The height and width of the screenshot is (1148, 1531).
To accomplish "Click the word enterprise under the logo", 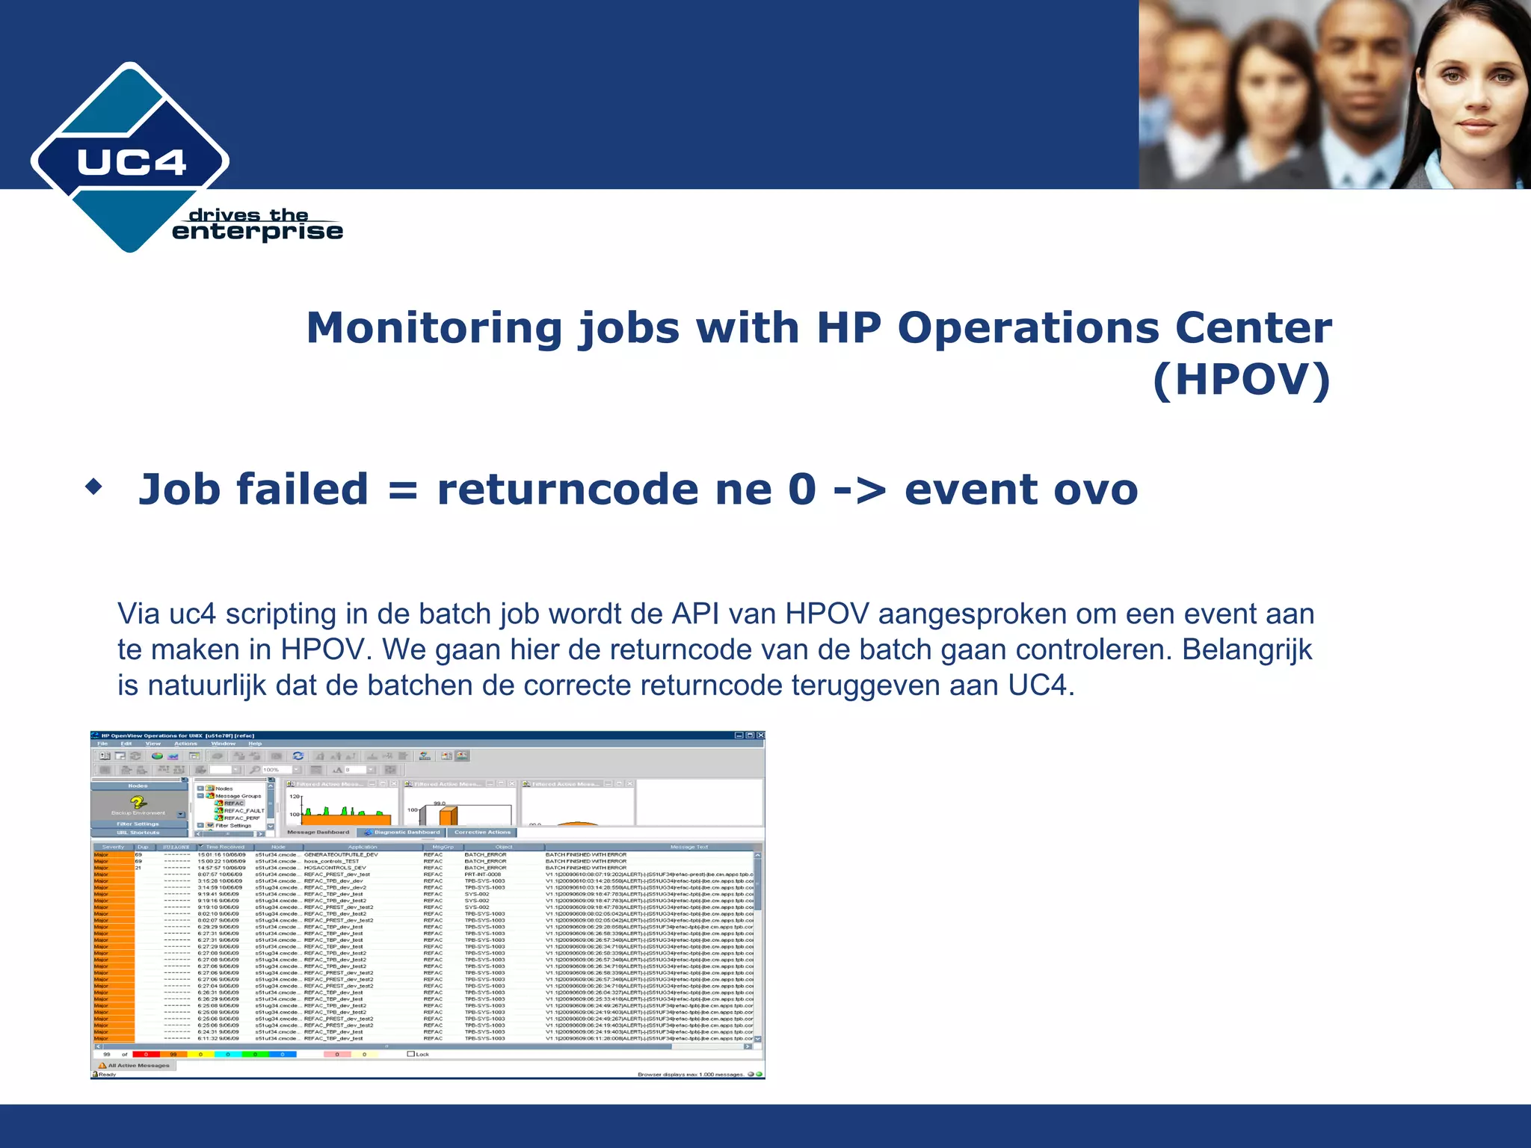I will pos(257,232).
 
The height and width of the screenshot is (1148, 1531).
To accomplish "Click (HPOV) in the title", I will pos(1242,380).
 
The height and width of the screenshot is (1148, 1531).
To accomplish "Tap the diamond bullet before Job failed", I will pos(93,488).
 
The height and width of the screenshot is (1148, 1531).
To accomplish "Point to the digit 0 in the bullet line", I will pos(802,490).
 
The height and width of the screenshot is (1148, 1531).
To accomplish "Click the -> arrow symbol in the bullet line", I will pos(860,491).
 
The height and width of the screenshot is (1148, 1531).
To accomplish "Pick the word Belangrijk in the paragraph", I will pos(1247,649).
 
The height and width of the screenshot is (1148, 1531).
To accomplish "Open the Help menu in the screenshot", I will pos(255,744).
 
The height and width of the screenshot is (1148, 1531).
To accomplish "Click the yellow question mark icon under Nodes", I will pos(138,802).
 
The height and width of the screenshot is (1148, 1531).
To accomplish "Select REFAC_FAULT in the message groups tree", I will pos(244,810).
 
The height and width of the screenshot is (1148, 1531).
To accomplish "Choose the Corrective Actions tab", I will pos(482,832).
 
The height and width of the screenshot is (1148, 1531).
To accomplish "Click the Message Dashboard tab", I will pos(318,832).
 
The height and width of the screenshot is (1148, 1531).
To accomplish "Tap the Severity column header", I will pos(113,847).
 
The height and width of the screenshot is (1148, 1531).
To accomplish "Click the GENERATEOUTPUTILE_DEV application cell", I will pos(341,854).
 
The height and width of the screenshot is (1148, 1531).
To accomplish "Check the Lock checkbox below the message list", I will pos(410,1054).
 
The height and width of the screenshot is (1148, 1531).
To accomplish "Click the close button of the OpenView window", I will pos(760,735).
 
